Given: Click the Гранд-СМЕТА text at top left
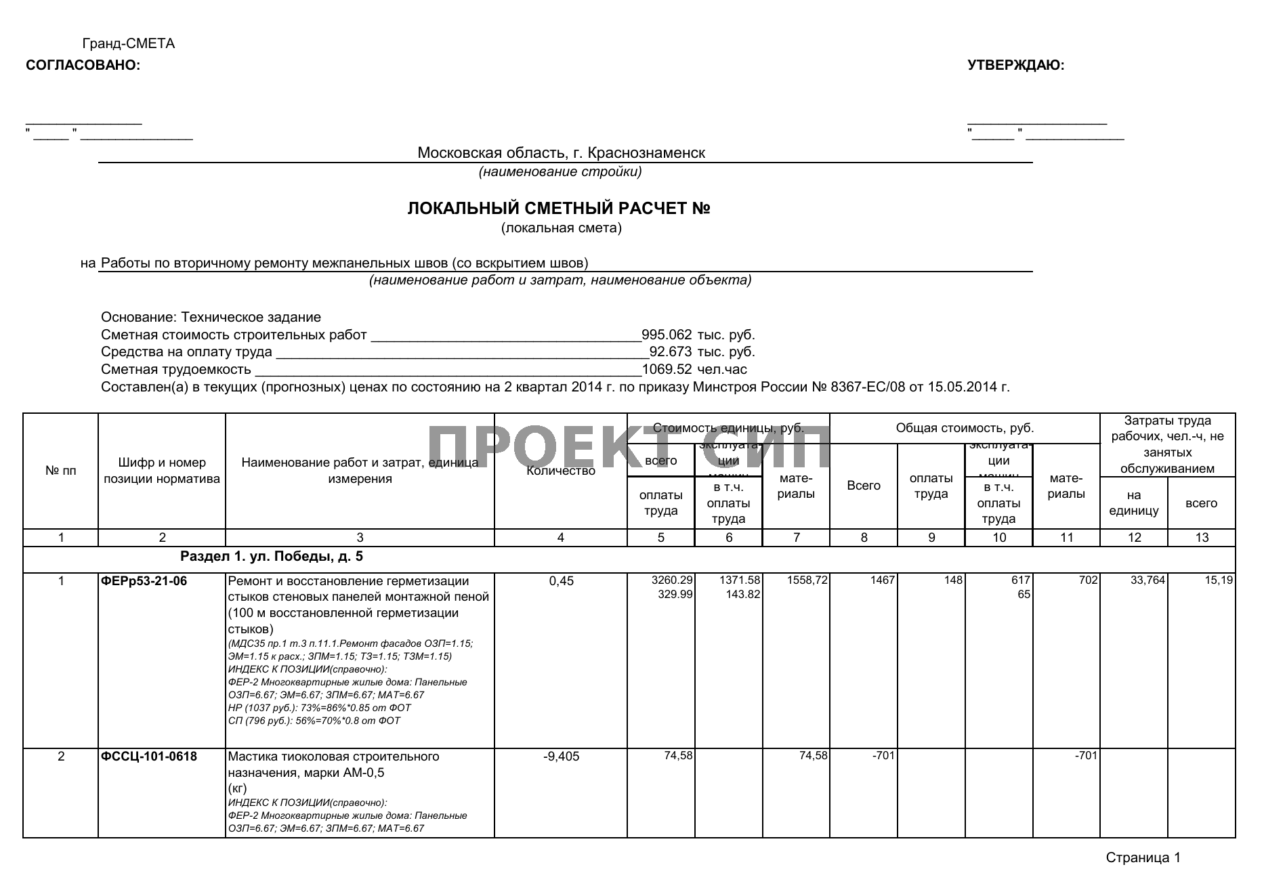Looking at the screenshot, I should click(x=128, y=44).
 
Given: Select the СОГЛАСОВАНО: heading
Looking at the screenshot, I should click(x=83, y=66).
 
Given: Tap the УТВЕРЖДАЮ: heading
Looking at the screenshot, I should click(x=1015, y=66).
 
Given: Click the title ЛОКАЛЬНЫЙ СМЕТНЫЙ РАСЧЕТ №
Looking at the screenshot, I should click(x=558, y=209).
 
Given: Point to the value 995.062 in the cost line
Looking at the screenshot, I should click(x=667, y=335).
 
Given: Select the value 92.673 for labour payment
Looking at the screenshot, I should click(x=671, y=352).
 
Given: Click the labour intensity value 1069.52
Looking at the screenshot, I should click(x=667, y=370).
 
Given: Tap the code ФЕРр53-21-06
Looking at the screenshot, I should click(x=144, y=581).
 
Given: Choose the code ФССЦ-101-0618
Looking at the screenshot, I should click(x=149, y=757).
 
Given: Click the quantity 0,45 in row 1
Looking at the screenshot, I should click(x=562, y=581).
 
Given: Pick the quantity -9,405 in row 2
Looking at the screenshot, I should click(x=562, y=757).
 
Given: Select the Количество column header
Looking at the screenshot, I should click(x=561, y=471).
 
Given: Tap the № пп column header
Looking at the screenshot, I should click(x=61, y=471).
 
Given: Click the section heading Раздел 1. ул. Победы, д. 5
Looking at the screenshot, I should click(x=271, y=557).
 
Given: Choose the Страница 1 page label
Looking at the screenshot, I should click(x=1143, y=858).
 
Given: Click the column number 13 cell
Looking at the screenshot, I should click(x=1202, y=538).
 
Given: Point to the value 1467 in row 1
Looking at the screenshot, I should click(x=883, y=580).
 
